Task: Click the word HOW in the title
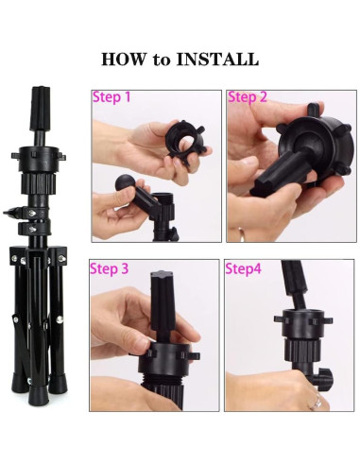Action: pyautogui.click(x=122, y=59)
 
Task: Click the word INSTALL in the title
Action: pyautogui.click(x=219, y=59)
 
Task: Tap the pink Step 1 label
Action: pyautogui.click(x=111, y=97)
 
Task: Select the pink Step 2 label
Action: pyautogui.click(x=248, y=97)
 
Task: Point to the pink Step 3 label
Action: pyautogui.click(x=111, y=268)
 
